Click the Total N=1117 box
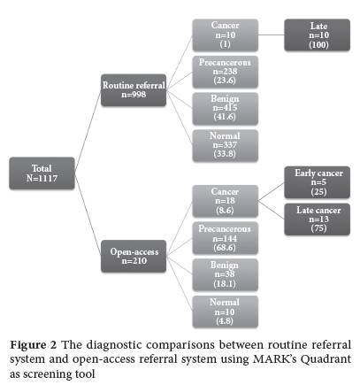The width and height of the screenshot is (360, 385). pyautogui.click(x=42, y=173)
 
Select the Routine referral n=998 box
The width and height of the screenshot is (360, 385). pyautogui.click(x=134, y=90)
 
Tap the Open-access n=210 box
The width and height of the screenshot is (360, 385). pyautogui.click(x=134, y=256)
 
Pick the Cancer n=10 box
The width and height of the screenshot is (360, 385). pyautogui.click(x=226, y=35)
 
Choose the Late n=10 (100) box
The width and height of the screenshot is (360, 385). pyautogui.click(x=318, y=35)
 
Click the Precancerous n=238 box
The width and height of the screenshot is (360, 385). pyautogui.click(x=226, y=72)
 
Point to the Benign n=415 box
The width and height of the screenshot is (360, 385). pyautogui.click(x=226, y=109)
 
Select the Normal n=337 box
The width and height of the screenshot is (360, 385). pyautogui.click(x=226, y=146)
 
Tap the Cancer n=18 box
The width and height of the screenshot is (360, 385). pyautogui.click(x=226, y=201)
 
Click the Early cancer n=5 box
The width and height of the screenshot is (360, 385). pyautogui.click(x=318, y=182)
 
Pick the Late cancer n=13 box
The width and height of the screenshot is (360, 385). pyautogui.click(x=318, y=219)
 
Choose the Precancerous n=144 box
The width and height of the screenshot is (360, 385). pyautogui.click(x=226, y=238)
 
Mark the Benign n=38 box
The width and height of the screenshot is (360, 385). pyautogui.click(x=226, y=275)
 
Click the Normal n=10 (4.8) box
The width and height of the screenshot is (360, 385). pyautogui.click(x=226, y=312)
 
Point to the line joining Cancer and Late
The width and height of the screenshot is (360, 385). pyautogui.click(x=272, y=35)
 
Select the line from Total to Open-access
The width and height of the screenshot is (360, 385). pyautogui.click(x=88, y=215)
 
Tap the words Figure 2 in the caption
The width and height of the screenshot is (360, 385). pyautogui.click(x=33, y=345)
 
